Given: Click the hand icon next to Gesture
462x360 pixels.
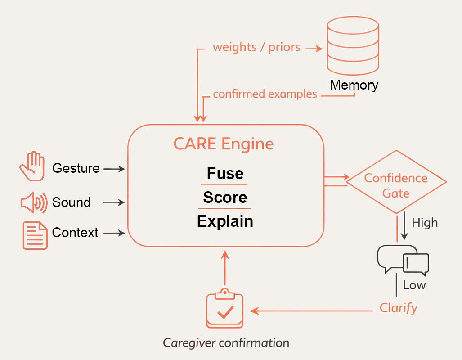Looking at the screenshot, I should point(32,166).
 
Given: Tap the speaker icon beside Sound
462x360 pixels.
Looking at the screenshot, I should point(34,202).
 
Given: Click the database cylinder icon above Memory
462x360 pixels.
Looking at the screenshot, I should point(352,46).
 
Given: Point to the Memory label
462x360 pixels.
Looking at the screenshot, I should point(354,85).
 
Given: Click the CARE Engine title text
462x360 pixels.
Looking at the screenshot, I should point(224,144).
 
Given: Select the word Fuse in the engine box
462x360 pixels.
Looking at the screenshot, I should point(225,173).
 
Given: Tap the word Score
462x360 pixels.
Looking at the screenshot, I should point(225,197).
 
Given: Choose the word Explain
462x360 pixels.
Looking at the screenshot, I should point(225,221).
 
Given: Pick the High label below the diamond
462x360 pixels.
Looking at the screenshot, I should point(424,223).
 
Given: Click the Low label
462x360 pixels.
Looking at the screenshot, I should point(414,285).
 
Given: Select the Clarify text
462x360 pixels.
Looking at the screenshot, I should point(399,308).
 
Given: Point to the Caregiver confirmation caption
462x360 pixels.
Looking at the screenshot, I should point(226,343).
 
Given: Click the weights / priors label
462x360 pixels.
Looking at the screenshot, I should point(256,47).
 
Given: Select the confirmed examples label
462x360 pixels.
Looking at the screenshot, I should point(265,94).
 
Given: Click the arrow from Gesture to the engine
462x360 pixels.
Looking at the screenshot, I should point(114,169).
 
